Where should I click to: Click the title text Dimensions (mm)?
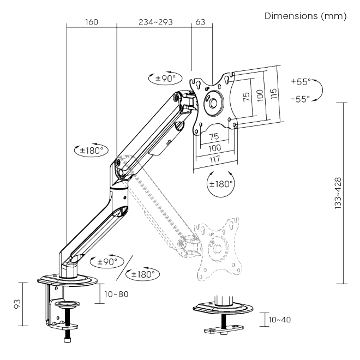[x=305, y=16]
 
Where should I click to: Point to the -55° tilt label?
[x=300, y=98]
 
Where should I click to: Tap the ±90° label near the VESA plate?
[x=164, y=78]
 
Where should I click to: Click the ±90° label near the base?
[x=107, y=261]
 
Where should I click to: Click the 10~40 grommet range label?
[x=278, y=319]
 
